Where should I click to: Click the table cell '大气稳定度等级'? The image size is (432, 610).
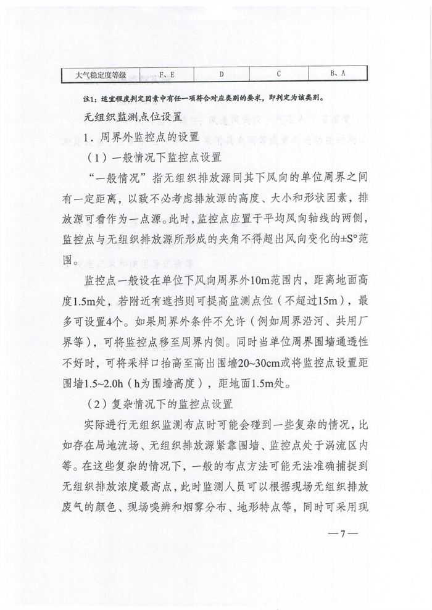pos(101,75)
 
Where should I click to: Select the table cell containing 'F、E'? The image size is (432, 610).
pos(167,74)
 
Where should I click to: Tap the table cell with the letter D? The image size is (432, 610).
pos(222,74)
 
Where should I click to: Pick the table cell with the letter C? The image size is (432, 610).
pos(279,74)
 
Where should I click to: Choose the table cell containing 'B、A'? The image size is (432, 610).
pos(337,74)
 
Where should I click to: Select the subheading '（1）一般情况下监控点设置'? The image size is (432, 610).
pos(154,157)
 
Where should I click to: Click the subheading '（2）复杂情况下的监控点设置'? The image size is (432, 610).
pos(159,404)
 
